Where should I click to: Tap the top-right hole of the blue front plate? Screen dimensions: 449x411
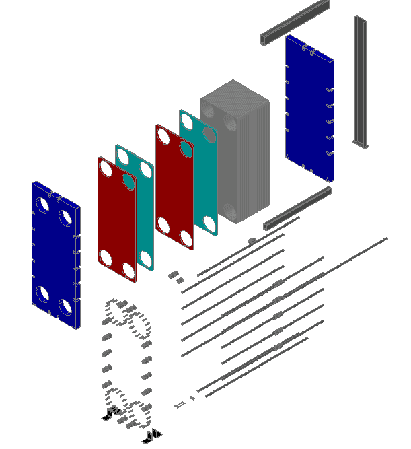pos(65,217)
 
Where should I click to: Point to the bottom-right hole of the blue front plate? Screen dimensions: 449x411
pos(65,308)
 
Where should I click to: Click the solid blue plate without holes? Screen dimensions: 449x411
pos(309,108)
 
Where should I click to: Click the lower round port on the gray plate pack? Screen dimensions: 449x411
pos(229,212)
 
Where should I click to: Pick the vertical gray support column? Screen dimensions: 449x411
pos(360,81)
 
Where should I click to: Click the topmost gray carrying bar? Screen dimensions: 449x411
pos(295,24)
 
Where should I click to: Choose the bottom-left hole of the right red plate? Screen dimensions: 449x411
pos(163,224)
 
